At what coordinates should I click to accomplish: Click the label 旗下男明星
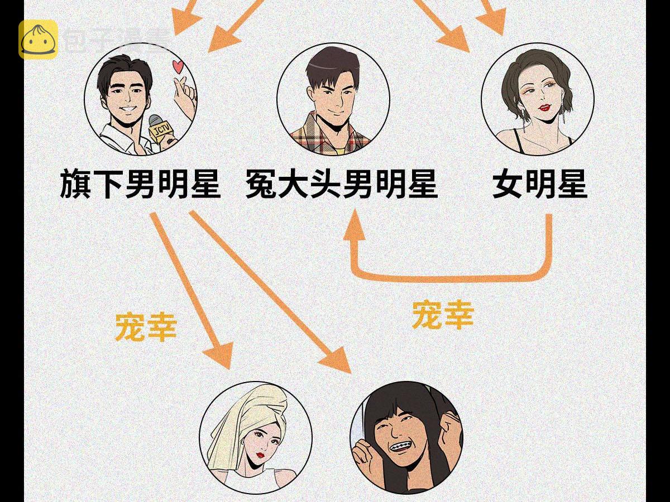pos(140,184)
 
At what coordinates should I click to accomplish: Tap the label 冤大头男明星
pos(341,184)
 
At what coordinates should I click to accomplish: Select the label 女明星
pos(539,184)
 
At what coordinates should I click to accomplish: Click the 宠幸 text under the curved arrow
pos(443,315)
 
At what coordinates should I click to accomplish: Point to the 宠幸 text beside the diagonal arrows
pos(146,327)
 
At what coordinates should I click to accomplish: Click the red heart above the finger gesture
pos(178,67)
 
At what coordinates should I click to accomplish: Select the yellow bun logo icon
pos(38,39)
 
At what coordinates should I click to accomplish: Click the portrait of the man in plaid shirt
pos(333,100)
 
